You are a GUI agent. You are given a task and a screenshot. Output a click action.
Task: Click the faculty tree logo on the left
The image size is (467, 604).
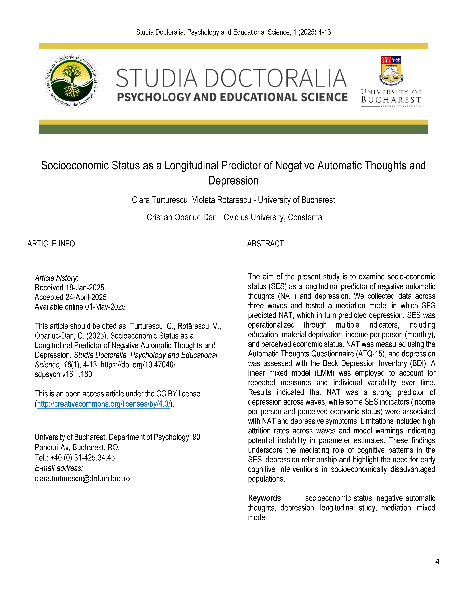pyautogui.click(x=72, y=81)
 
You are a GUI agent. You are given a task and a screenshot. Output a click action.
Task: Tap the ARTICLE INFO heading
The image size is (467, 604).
pyautogui.click(x=51, y=244)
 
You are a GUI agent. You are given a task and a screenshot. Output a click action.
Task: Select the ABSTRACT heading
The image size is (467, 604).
pyautogui.click(x=265, y=244)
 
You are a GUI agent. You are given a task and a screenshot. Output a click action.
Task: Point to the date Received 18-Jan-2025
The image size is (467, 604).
pyautogui.click(x=69, y=288)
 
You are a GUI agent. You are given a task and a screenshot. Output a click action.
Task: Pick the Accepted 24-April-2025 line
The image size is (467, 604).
pyautogui.click(x=71, y=297)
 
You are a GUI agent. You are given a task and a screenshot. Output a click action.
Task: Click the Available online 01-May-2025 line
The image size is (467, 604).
pyautogui.click(x=80, y=307)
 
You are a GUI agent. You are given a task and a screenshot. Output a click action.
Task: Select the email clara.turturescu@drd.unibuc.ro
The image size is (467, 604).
pyautogui.click(x=82, y=478)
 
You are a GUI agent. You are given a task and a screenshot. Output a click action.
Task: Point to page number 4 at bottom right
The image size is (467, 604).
pyautogui.click(x=437, y=561)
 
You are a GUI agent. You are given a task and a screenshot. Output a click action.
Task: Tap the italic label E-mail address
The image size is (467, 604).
pyautogui.click(x=59, y=468)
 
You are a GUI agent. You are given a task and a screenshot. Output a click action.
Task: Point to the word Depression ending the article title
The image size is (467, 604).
pyautogui.click(x=233, y=181)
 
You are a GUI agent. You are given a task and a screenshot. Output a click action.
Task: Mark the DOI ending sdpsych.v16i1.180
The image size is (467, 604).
pyautogui.click(x=63, y=374)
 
